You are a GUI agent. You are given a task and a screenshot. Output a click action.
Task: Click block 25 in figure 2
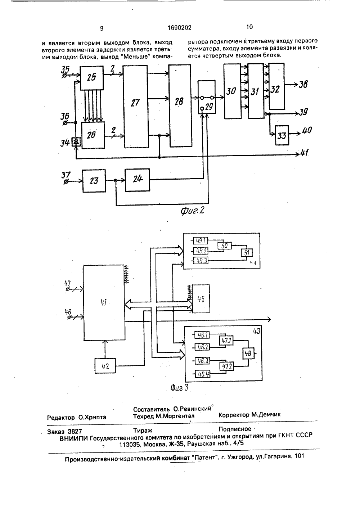tap(91, 78)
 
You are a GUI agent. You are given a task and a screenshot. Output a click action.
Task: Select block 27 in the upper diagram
tap(136, 106)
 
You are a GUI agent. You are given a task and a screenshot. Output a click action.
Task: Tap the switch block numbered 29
tap(207, 97)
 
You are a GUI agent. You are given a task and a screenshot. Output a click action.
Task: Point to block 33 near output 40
tap(282, 135)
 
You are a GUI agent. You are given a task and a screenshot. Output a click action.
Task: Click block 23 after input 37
tap(94, 181)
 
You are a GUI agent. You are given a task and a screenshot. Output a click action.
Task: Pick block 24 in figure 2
tap(137, 180)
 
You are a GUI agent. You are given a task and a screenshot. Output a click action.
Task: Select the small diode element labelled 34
tap(76, 142)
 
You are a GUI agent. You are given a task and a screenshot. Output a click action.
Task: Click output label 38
tap(303, 85)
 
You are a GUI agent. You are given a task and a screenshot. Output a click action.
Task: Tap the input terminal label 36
tap(64, 116)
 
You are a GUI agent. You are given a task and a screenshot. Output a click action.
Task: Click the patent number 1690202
tap(180, 28)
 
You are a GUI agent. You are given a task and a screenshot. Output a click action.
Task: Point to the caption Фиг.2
tap(192, 211)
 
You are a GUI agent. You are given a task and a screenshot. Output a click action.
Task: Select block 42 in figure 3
tap(105, 366)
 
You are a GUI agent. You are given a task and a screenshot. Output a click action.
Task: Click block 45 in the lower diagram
tap(201, 299)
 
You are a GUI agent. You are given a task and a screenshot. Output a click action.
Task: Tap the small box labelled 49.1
tap(201, 240)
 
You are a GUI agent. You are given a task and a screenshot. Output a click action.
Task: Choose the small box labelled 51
tap(247, 253)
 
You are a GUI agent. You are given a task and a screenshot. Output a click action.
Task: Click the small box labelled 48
tap(248, 353)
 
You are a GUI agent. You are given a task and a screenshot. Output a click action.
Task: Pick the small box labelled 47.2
tap(226, 366)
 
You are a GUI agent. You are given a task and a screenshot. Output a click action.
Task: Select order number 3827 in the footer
tap(75, 432)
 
